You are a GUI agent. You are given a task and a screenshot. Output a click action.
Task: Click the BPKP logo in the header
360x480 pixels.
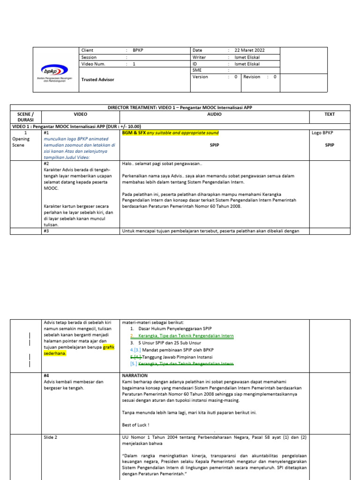click(55, 72)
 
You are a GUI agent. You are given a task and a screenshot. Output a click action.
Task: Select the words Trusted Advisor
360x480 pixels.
click(97, 80)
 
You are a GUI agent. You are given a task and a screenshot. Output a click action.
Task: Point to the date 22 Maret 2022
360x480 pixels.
click(249, 50)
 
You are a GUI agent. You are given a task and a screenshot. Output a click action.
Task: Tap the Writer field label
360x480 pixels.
click(199, 57)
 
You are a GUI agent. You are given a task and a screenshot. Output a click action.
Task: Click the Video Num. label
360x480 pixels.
click(93, 64)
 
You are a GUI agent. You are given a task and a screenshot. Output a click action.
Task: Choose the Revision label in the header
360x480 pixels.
click(252, 77)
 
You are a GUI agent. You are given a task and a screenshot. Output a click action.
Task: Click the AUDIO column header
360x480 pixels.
click(214, 114)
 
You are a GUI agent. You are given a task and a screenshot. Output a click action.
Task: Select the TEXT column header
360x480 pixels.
click(330, 114)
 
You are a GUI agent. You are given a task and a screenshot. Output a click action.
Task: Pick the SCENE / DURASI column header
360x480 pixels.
click(26, 117)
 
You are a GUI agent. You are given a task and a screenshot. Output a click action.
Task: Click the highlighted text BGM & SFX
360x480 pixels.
click(134, 133)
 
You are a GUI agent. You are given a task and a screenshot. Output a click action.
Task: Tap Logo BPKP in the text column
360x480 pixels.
click(322, 133)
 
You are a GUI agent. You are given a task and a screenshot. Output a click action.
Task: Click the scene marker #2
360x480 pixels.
click(46, 164)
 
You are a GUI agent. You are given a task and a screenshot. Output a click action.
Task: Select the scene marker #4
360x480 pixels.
click(46, 375)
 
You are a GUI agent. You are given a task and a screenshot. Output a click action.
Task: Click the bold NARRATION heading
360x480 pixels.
click(135, 375)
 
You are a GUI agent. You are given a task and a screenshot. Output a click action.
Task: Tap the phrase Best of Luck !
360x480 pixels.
click(136, 425)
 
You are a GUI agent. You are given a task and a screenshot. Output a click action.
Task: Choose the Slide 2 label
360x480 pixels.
click(50, 437)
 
